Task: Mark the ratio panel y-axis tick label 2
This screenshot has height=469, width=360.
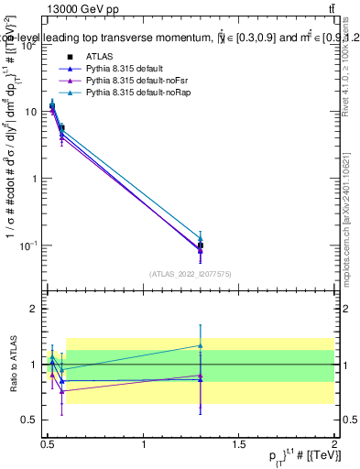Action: tap(34, 309)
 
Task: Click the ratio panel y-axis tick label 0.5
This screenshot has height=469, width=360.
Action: tap(30, 420)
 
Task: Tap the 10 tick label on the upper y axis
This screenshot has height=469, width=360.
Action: tap(32, 112)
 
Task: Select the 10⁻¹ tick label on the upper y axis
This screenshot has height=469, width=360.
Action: tap(30, 245)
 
